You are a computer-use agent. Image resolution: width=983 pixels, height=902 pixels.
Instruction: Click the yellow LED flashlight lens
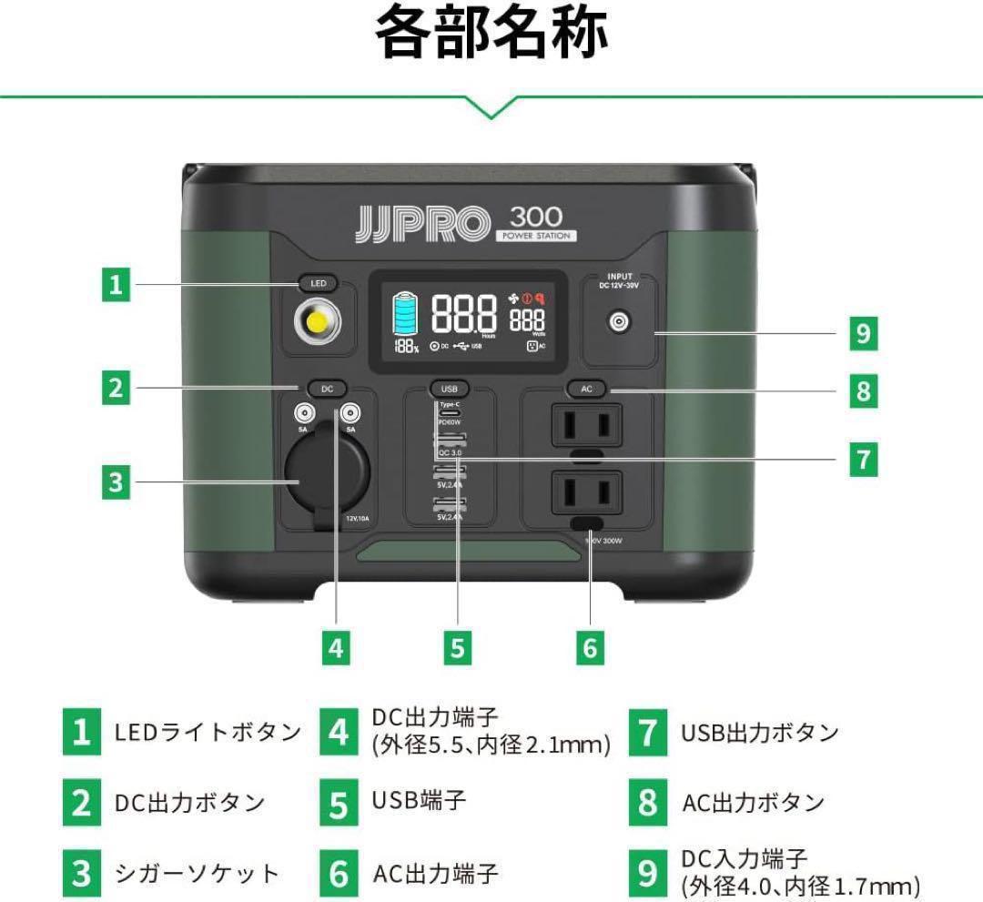click(x=318, y=322)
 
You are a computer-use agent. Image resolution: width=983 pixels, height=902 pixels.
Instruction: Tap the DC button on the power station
click(x=327, y=389)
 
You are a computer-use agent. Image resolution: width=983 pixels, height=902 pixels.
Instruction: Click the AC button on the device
click(x=586, y=389)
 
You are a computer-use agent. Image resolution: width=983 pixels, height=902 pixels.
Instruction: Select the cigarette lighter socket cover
click(x=326, y=472)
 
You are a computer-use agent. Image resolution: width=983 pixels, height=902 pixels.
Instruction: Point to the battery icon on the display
click(x=406, y=314)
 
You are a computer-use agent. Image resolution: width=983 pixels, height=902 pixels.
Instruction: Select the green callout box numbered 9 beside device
click(x=862, y=334)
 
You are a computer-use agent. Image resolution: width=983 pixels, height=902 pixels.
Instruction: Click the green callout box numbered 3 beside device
click(x=115, y=481)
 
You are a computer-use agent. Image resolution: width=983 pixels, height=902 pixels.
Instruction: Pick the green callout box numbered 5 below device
click(x=457, y=647)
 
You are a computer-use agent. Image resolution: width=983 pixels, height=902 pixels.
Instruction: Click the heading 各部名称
click(x=491, y=34)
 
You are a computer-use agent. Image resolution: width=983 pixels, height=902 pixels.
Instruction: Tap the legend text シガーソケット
click(x=197, y=874)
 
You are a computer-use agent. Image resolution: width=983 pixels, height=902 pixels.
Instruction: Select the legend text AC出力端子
click(x=435, y=874)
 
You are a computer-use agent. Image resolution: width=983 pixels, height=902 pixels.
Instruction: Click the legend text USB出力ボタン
click(x=759, y=733)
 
